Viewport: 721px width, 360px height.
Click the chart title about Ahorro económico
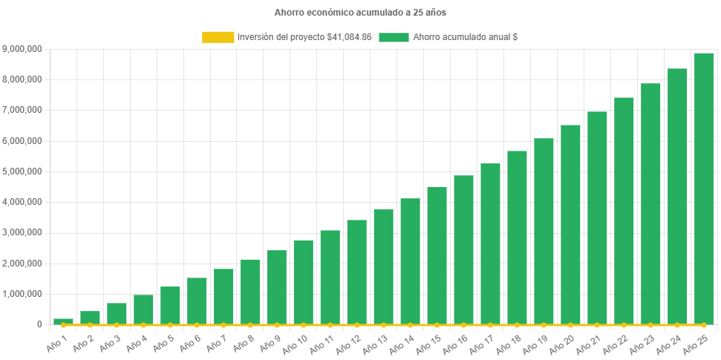tap(360, 13)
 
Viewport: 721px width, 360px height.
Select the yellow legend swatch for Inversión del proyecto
tap(217, 36)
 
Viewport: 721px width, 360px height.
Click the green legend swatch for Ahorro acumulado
tap(394, 36)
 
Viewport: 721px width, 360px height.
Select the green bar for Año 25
tap(704, 189)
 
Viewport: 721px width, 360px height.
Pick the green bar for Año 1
tap(63, 321)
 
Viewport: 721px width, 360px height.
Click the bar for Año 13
tap(383, 267)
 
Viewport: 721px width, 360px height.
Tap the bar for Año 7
tap(224, 297)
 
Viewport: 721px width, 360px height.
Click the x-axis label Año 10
tap(301, 341)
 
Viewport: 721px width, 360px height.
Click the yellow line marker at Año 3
tap(117, 325)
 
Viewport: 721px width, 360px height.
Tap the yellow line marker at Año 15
tap(437, 325)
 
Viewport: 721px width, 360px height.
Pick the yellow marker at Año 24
tap(677, 325)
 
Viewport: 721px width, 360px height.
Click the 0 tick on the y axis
tap(39, 324)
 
